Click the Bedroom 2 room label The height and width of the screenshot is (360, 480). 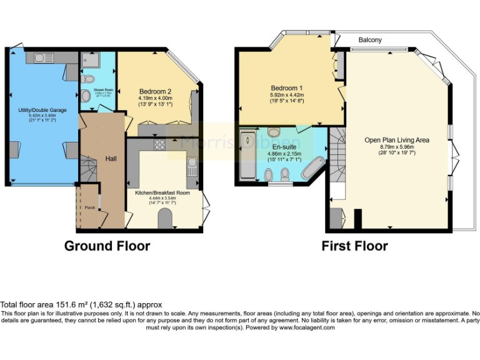(155, 91)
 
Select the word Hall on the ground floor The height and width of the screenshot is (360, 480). (111, 159)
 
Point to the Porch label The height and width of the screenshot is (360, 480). (89, 206)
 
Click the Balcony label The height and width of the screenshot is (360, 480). (370, 40)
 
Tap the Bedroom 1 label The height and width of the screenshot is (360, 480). (287, 87)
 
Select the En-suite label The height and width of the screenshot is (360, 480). (284, 147)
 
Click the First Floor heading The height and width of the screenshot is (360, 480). (354, 246)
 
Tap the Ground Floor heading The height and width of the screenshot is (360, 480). (107, 246)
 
